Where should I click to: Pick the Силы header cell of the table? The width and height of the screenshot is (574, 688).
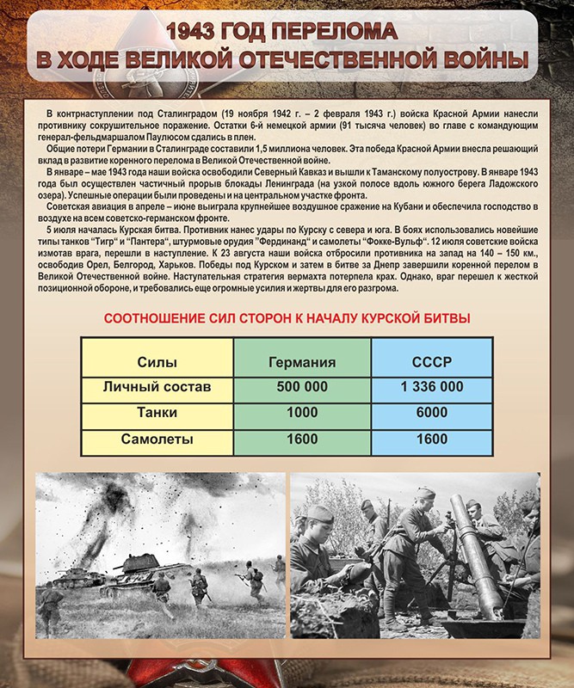[x=157, y=361]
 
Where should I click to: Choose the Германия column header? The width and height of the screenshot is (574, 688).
[x=302, y=361]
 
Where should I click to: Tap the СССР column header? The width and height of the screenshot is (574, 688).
[x=431, y=361]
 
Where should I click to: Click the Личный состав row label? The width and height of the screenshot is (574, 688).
[x=157, y=387]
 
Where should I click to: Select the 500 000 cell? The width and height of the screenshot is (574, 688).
[x=302, y=387]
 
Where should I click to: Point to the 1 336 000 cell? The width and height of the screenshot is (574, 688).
[x=431, y=387]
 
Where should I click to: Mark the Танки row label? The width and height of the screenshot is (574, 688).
[x=157, y=413]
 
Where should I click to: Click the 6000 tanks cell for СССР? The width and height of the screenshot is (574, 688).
[x=431, y=413]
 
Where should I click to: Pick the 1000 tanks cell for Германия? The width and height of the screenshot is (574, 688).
[x=302, y=413]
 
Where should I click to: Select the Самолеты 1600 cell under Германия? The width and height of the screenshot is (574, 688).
[x=302, y=439]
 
